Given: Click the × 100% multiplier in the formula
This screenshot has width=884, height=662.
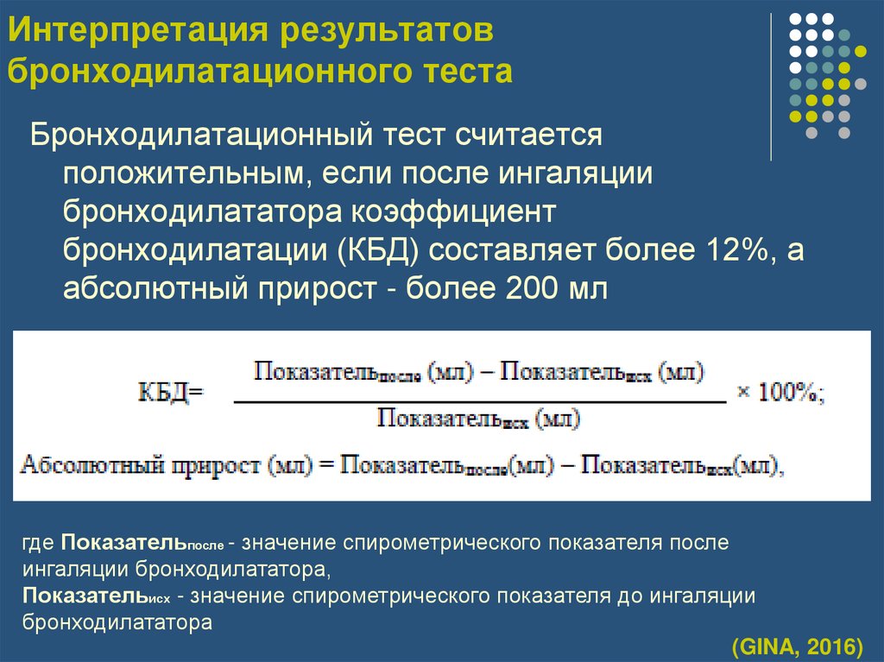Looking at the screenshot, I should (x=780, y=392).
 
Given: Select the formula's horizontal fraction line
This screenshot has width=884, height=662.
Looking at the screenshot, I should (x=480, y=402).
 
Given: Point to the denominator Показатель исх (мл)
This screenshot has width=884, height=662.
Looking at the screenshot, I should (x=480, y=420).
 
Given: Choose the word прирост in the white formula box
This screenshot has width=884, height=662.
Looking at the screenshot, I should (x=215, y=466).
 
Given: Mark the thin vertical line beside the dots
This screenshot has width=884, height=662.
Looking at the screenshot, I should (x=770, y=86).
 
